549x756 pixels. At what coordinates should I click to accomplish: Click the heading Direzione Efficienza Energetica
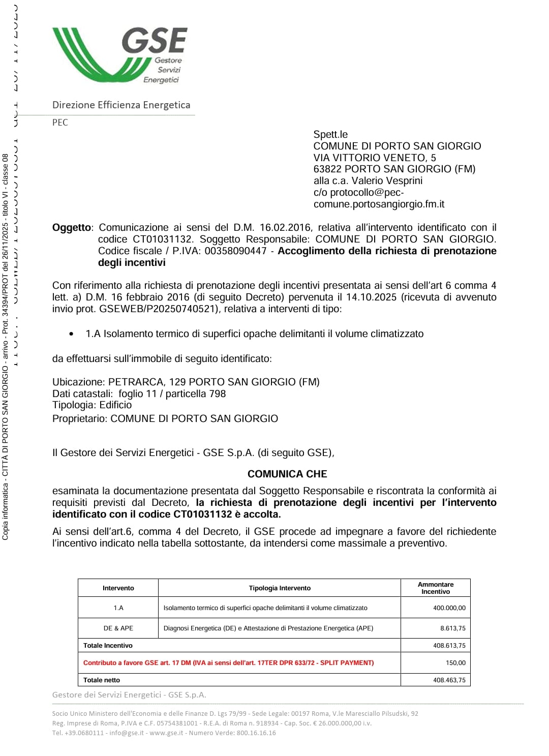click(x=121, y=105)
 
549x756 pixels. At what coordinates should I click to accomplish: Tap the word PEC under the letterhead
click(x=60, y=123)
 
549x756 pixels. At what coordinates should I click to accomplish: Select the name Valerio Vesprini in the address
click(x=387, y=181)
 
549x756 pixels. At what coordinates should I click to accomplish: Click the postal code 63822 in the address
click(x=327, y=169)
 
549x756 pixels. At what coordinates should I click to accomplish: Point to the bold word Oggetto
click(x=72, y=228)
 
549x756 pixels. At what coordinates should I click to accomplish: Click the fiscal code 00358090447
click(x=235, y=251)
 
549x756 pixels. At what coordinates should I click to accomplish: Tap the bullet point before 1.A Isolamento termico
click(x=72, y=334)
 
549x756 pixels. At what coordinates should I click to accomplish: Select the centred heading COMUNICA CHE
click(x=287, y=474)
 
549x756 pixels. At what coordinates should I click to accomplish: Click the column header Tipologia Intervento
click(x=280, y=588)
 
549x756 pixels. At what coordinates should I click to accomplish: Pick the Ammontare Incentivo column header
click(x=436, y=588)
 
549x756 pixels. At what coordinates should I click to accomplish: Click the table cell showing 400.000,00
click(x=449, y=608)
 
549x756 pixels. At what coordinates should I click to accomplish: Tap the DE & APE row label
click(x=118, y=628)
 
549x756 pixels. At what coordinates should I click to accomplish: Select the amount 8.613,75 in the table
click(x=452, y=628)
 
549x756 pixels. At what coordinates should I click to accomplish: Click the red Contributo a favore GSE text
click(x=228, y=663)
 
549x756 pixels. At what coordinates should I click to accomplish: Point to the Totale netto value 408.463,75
click(x=449, y=680)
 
